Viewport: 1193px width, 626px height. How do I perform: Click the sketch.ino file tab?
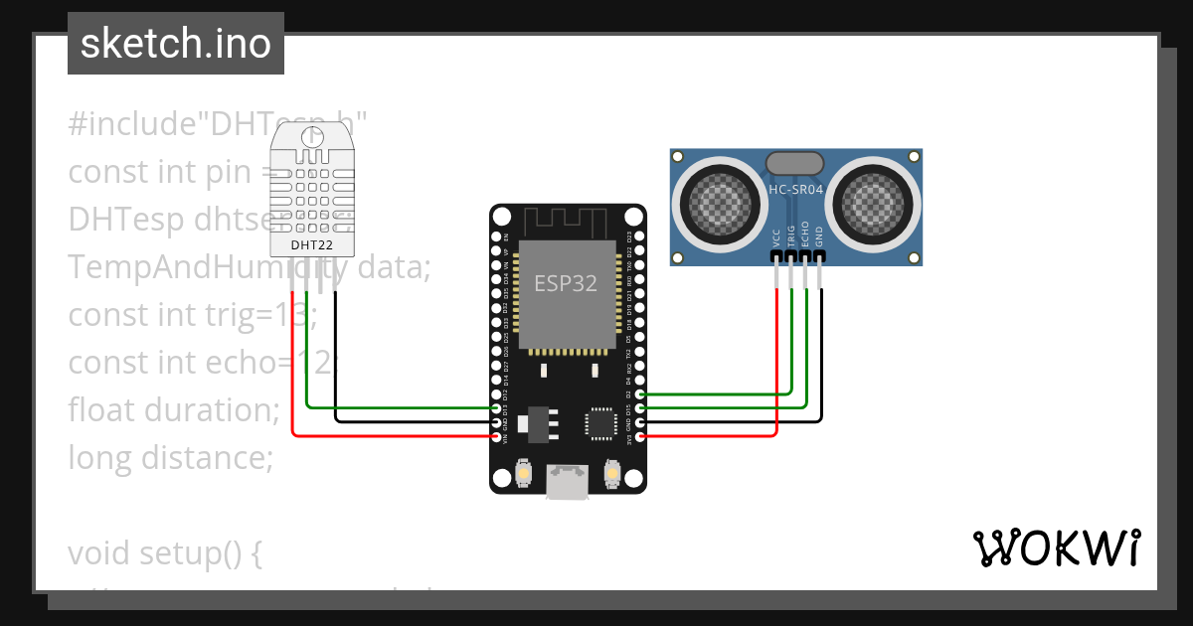(176, 44)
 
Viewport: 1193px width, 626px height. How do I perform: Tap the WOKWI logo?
(1056, 548)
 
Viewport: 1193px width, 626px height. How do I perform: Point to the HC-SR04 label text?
(796, 189)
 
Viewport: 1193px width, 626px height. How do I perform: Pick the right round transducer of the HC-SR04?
(878, 202)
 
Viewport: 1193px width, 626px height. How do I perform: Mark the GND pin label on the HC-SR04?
(819, 236)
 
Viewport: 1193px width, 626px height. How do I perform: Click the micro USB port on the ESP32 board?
(568, 484)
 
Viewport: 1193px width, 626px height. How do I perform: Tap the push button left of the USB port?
(523, 476)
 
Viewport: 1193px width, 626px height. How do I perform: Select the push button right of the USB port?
(612, 476)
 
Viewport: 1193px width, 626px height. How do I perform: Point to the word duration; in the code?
(218, 409)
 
